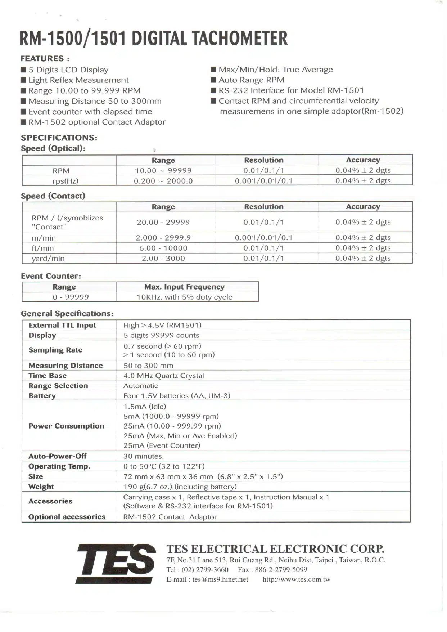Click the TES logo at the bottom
point(116,563)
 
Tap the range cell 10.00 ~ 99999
point(163,171)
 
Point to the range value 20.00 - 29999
point(163,222)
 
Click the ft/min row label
point(43,248)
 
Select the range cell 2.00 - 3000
point(163,259)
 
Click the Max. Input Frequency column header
point(184,287)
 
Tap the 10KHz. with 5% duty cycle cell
point(184,297)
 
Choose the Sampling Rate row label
point(55,350)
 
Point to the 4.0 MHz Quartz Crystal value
point(164,376)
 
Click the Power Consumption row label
point(66,426)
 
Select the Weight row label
point(41,487)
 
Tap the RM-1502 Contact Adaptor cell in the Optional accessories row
point(170,517)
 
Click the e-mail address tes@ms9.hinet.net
point(220,579)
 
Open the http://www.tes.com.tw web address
point(296,579)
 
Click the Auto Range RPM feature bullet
point(251,80)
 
